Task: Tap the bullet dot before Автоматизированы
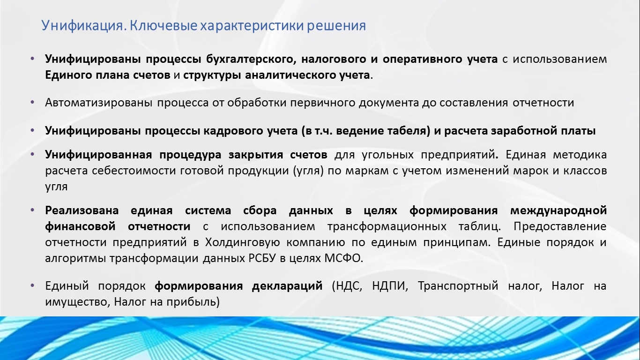point(32,102)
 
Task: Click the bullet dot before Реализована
point(32,210)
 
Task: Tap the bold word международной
point(558,211)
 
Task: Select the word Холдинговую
point(242,243)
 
